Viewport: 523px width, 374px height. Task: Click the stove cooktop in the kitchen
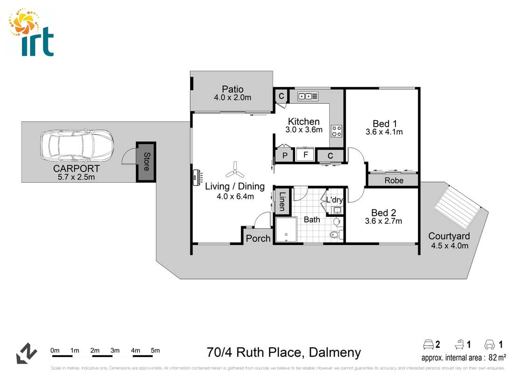tap(337, 130)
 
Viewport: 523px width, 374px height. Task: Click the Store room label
tap(146, 162)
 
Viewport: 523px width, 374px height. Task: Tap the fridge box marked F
tap(306, 155)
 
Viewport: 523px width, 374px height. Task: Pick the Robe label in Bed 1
tap(393, 180)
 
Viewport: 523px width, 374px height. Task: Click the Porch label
tap(258, 238)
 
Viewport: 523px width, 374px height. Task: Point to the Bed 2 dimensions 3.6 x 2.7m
tap(383, 221)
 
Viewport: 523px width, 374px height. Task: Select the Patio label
tap(233, 89)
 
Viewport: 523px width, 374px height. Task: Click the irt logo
tap(32, 33)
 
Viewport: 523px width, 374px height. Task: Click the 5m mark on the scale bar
tap(155, 351)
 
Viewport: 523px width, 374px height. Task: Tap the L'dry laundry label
tap(334, 200)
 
